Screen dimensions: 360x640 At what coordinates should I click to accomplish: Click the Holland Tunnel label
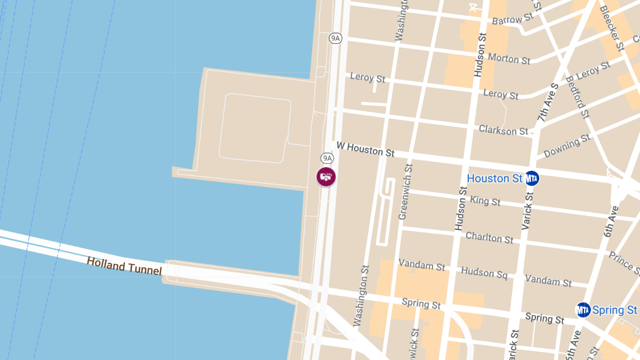[x=124, y=266]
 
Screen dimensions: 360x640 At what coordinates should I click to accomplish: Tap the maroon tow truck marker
[x=326, y=177]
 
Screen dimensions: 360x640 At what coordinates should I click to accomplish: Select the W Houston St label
[x=365, y=149]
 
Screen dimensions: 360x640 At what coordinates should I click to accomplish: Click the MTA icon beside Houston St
[x=532, y=178]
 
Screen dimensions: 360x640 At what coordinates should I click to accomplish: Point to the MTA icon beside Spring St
[x=583, y=309]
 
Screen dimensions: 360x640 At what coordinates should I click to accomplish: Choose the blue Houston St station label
[x=494, y=178]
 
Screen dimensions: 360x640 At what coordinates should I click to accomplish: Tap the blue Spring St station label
[x=615, y=309]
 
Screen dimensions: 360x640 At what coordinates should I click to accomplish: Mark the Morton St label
[x=509, y=58]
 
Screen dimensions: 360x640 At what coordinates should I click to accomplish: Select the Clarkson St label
[x=503, y=130]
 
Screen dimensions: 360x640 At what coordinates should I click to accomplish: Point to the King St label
[x=485, y=201]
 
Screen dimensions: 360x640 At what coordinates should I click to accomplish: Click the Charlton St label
[x=490, y=237]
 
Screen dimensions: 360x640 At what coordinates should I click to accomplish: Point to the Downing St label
[x=567, y=146]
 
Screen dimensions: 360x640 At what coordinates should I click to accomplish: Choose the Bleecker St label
[x=611, y=28]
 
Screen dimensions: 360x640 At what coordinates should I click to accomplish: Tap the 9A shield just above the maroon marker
[x=327, y=158]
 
